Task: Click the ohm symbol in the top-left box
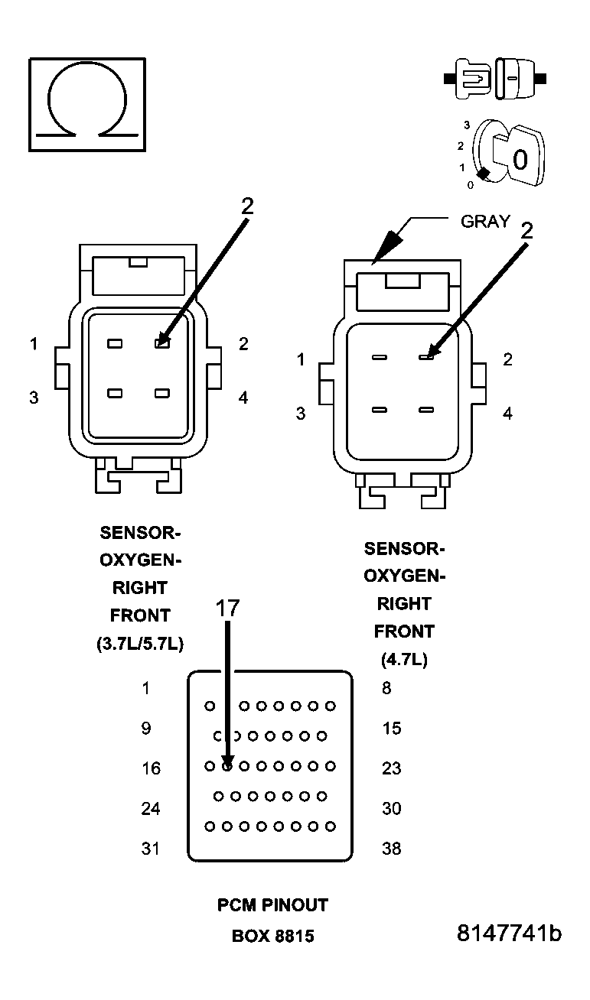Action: [87, 104]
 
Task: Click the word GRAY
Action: [485, 222]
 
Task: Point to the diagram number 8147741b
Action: [509, 933]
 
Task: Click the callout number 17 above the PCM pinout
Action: [227, 608]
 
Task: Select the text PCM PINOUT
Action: [272, 905]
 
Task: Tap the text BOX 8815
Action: [272, 936]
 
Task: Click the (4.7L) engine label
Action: [403, 659]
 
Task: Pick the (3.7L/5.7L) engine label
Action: [140, 643]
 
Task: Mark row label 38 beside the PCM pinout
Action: [391, 848]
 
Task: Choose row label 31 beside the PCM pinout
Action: [152, 848]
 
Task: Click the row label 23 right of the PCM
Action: [391, 768]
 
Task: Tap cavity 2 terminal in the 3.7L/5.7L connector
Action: [161, 344]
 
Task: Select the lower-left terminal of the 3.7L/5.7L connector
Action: [115, 393]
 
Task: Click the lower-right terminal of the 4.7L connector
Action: [426, 410]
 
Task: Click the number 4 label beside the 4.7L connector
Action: [507, 414]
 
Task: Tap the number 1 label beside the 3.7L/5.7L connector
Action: [34, 345]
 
